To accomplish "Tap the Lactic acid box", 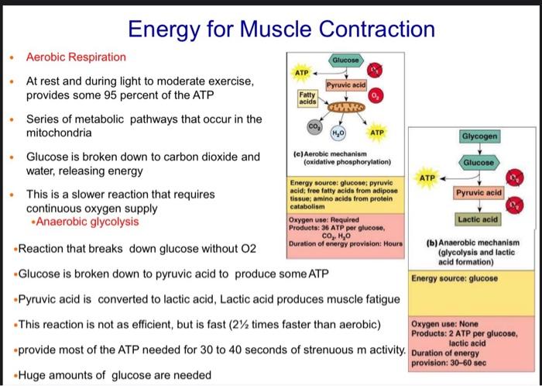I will point(480,220).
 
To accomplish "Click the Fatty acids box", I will point(307,98).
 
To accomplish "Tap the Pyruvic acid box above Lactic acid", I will point(480,191).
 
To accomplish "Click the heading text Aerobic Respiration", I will point(76,57).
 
